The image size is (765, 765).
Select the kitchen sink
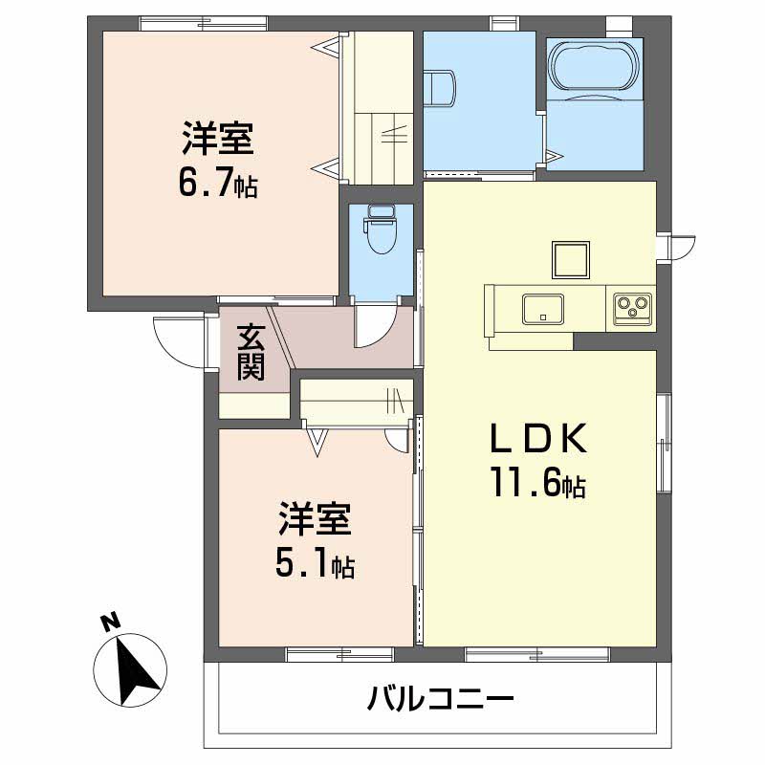542,308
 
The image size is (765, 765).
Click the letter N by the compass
111,622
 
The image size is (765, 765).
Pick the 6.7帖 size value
218,183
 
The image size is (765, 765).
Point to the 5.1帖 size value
315,564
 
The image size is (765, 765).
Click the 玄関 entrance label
251,352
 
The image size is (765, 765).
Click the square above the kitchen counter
571,259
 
